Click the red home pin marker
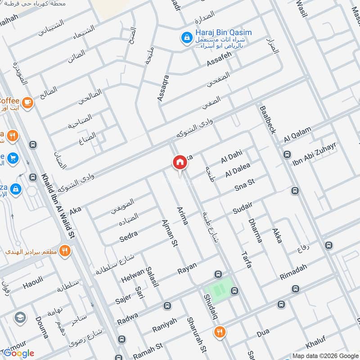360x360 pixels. [x=180, y=162]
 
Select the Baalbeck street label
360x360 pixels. [x=268, y=119]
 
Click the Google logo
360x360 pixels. [x=19, y=353]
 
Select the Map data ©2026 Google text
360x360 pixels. [x=324, y=355]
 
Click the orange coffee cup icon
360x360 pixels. [x=27, y=103]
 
